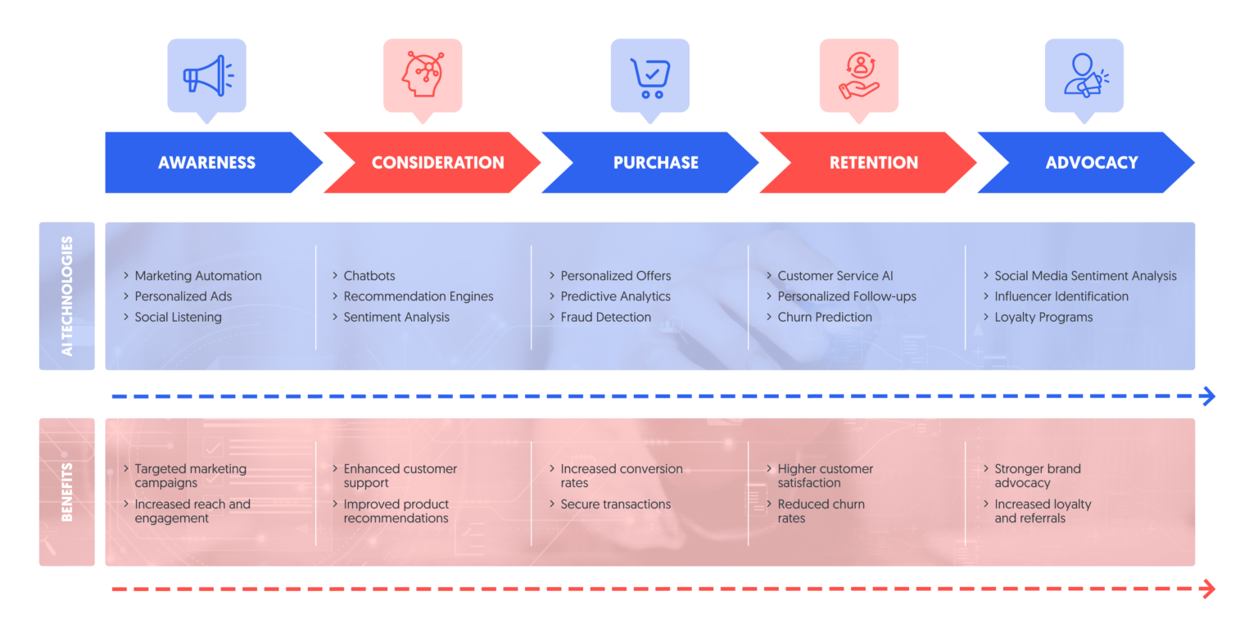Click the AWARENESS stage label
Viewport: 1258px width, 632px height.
(206, 162)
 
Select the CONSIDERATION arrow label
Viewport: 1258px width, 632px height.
(437, 162)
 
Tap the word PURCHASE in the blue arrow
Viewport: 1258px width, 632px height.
(655, 162)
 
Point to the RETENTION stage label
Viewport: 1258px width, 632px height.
(873, 162)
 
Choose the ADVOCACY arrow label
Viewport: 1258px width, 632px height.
(1091, 162)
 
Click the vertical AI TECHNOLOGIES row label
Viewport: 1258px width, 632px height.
(67, 296)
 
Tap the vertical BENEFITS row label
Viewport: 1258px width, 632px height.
(67, 492)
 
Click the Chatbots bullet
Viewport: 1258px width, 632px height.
(369, 276)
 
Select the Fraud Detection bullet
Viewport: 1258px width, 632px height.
(605, 317)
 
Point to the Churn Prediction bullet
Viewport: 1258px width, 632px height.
(824, 317)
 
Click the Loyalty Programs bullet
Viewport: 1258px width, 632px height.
(1043, 317)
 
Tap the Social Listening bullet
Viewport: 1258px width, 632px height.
(178, 317)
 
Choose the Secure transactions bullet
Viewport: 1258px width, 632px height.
(615, 504)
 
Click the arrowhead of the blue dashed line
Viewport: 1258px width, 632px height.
(1208, 397)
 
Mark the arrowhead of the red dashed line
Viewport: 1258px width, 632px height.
(1208, 589)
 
